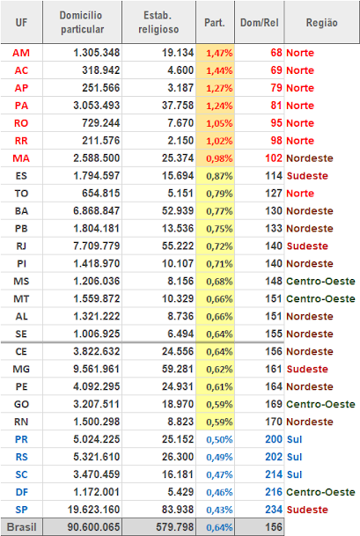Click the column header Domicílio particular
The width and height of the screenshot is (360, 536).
tap(82, 22)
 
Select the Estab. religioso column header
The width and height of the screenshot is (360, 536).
tap(158, 22)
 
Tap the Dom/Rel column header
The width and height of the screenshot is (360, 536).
tap(259, 23)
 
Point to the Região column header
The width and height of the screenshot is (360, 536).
tap(321, 23)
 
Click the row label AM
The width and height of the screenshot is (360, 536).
tap(21, 53)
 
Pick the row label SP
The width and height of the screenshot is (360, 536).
tap(21, 510)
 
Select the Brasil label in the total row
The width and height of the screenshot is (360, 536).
tap(21, 527)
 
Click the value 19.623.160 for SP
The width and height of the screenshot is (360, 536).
tap(93, 510)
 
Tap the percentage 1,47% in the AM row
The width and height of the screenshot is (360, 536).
tap(219, 54)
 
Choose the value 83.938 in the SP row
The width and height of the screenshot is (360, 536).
tap(178, 510)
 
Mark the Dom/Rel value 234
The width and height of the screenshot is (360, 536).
tap(274, 510)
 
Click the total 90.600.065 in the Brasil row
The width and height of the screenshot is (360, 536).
tap(93, 527)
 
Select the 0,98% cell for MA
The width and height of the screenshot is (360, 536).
tap(219, 158)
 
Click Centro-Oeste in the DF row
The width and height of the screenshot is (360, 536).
tap(320, 492)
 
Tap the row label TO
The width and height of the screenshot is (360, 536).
tap(21, 194)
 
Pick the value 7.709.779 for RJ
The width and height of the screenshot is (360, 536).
tap(97, 246)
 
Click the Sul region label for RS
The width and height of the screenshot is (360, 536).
tap(294, 457)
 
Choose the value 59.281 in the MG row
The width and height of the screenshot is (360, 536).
tap(178, 369)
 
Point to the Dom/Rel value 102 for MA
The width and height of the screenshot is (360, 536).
tap(274, 158)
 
